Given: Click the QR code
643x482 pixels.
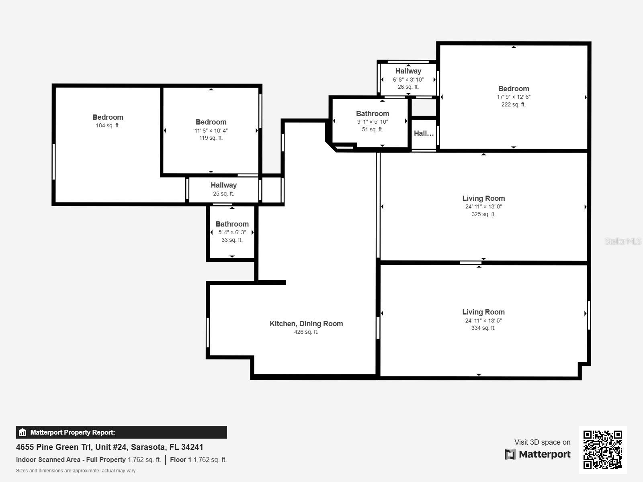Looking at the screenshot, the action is tap(602, 449).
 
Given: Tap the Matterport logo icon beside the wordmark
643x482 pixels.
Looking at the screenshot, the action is tap(510, 454).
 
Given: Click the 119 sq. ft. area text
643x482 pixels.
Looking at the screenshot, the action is tap(211, 138).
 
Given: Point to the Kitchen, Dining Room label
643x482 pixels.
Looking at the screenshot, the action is tap(306, 324).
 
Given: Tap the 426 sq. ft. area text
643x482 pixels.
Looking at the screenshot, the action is tap(306, 332).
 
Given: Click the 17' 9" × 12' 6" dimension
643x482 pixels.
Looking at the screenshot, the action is tap(514, 97).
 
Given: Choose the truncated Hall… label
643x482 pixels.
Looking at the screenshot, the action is tap(424, 133).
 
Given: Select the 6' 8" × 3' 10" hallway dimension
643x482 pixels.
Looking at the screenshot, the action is tap(408, 80).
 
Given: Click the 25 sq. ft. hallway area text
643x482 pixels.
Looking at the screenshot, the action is tap(223, 194).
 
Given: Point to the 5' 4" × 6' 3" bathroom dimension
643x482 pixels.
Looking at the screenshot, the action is tap(232, 233).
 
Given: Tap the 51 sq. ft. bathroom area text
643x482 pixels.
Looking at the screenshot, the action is tap(372, 129).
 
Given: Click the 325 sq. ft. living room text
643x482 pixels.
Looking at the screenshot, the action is tap(483, 214).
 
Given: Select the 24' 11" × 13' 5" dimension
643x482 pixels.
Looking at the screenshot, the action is tap(483, 321).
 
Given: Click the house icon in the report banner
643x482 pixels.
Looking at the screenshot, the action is tap(23, 432).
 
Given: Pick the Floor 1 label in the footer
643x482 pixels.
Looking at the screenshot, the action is tap(180, 460).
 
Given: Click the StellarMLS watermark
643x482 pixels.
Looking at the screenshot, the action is tap(623, 241).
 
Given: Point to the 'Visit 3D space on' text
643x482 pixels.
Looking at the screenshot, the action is tap(542, 442).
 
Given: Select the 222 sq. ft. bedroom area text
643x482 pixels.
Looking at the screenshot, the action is tap(514, 104).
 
